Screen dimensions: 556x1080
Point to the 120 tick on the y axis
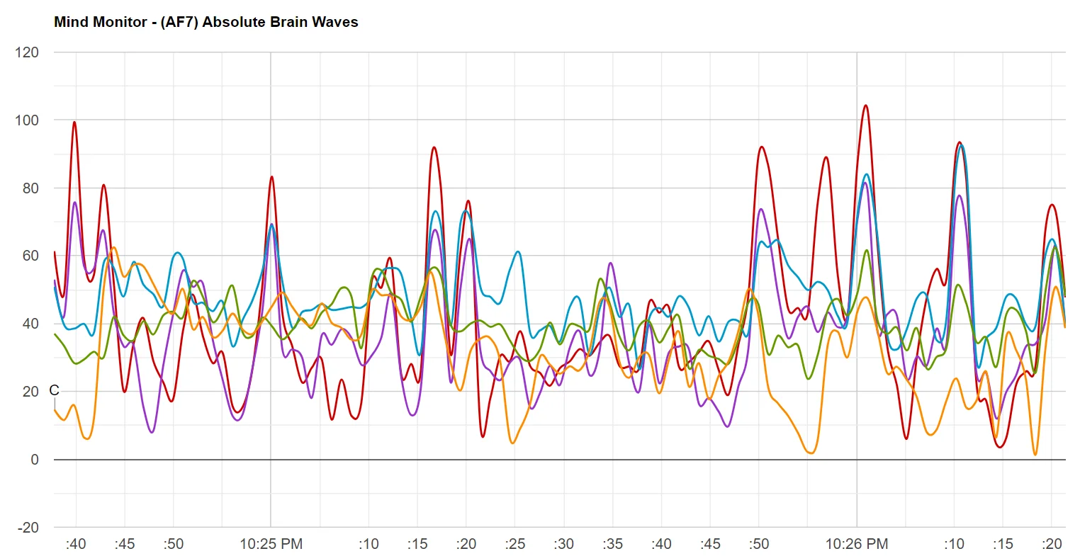pos(26,52)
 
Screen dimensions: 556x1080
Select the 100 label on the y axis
pos(26,120)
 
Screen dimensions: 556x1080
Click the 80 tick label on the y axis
pos(30,188)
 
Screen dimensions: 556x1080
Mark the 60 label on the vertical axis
pos(30,256)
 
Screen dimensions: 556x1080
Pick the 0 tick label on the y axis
pos(35,460)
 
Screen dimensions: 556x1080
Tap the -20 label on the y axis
pos(28,528)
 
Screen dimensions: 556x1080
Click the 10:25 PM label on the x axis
pos(271,544)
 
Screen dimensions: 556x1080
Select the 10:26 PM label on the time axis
pos(857,544)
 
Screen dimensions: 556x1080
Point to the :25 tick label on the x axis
pos(515,544)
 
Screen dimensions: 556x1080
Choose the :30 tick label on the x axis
pos(564,544)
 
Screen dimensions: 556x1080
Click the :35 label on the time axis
pos(613,544)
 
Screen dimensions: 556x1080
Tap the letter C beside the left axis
pos(54,390)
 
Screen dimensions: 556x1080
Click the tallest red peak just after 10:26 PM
pos(865,106)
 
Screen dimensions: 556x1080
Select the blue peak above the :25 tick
pos(519,251)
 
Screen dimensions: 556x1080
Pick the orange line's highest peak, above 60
pos(114,247)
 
